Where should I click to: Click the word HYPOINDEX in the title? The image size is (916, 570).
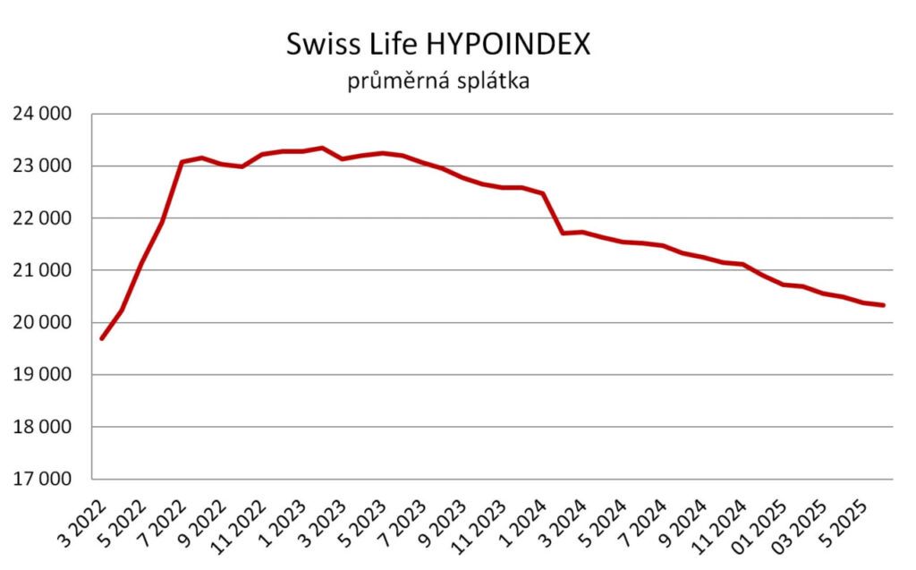[x=504, y=45]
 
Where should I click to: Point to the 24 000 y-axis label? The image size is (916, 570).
[x=41, y=115]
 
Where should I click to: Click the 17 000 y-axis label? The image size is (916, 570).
[x=41, y=479]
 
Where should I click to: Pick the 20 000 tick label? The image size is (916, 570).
[x=41, y=323]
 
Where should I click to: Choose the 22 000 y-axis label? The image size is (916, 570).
[x=41, y=218]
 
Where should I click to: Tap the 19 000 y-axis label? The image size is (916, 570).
[x=41, y=375]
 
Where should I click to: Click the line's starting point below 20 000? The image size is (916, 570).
[x=102, y=338]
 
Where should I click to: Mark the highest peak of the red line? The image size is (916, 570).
[x=322, y=148]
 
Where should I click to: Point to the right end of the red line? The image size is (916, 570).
[x=884, y=305]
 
